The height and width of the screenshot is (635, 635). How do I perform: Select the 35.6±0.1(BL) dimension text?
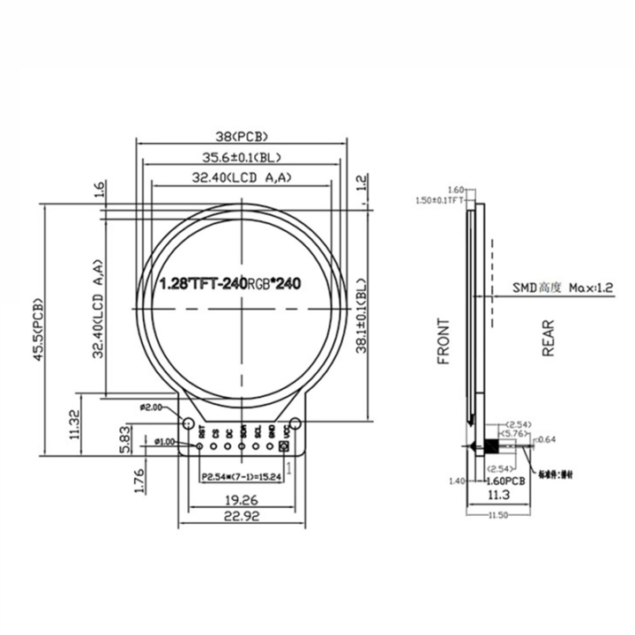242,158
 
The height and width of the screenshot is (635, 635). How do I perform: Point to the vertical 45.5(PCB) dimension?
39,326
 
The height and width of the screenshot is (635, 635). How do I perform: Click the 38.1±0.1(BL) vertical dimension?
361,317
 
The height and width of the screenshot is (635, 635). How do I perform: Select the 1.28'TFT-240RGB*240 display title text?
230,285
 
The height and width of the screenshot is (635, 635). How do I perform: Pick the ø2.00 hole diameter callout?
151,407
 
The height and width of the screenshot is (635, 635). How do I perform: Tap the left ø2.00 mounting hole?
189,424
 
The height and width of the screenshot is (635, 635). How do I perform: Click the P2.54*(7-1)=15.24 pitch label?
241,477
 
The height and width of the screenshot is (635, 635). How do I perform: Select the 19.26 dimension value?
242,499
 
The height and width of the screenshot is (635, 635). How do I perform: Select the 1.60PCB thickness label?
502,482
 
